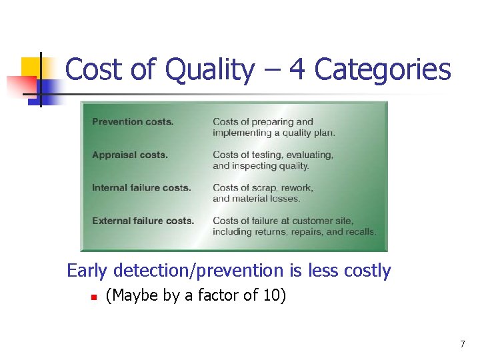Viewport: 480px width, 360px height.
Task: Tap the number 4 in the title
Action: click(x=297, y=70)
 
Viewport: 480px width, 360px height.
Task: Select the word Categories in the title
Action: click(x=383, y=70)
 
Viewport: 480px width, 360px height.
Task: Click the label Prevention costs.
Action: click(x=133, y=122)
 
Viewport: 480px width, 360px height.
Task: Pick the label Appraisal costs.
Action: click(x=130, y=155)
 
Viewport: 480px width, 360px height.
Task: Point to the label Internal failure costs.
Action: click(x=141, y=188)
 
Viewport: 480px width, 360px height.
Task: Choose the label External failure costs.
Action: click(x=143, y=221)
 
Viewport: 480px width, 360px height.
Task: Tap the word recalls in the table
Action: click(x=361, y=232)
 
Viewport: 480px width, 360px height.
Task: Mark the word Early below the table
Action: click(x=88, y=271)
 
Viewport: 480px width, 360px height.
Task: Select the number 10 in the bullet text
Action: click(x=271, y=295)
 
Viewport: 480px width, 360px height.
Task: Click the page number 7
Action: click(x=462, y=344)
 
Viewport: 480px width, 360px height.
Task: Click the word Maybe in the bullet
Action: click(x=133, y=295)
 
